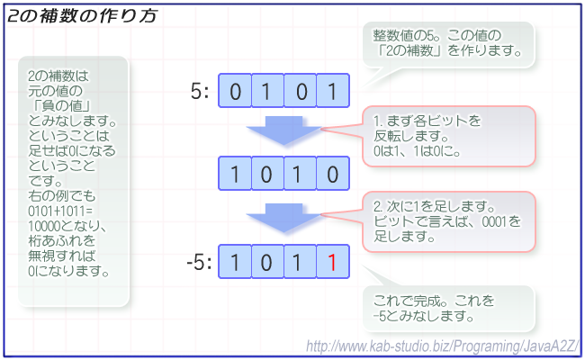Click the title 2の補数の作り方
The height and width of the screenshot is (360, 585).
pyautogui.click(x=83, y=16)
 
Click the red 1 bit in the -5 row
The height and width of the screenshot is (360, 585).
pyautogui.click(x=332, y=262)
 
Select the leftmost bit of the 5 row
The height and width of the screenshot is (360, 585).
pyautogui.click(x=235, y=91)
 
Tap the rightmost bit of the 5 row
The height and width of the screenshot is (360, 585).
pyautogui.click(x=332, y=91)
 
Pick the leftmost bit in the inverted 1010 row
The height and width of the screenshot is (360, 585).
pyautogui.click(x=235, y=174)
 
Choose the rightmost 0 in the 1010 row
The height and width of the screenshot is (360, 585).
pyautogui.click(x=332, y=174)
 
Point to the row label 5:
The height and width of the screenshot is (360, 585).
pyautogui.click(x=200, y=91)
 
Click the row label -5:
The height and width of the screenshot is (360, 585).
pyautogui.click(x=199, y=262)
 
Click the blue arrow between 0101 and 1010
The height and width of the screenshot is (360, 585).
pyautogui.click(x=283, y=130)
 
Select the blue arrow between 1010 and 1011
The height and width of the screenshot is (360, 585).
pyautogui.click(x=283, y=218)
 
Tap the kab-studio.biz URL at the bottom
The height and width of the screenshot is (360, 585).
pyautogui.click(x=443, y=346)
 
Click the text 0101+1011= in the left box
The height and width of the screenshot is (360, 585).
pyautogui.click(x=60, y=211)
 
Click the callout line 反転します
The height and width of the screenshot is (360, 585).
pyautogui.click(x=411, y=136)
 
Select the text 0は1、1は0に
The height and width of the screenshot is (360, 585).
pyautogui.click(x=417, y=151)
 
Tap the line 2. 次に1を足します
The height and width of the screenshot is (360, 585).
pyautogui.click(x=435, y=206)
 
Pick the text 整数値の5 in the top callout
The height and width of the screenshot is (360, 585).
pyautogui.click(x=404, y=36)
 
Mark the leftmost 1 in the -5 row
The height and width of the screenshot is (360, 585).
pyautogui.click(x=235, y=262)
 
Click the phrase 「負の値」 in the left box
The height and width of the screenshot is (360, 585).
pyautogui.click(x=59, y=106)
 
